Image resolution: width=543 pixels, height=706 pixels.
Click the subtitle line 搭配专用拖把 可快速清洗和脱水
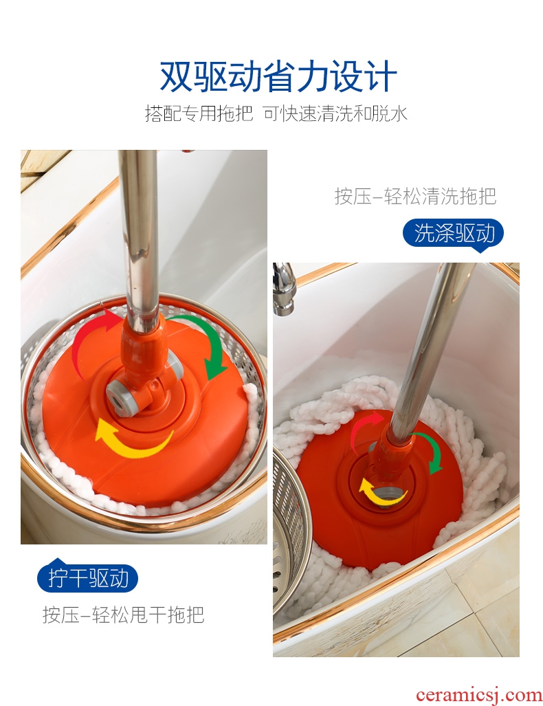(x=276, y=113)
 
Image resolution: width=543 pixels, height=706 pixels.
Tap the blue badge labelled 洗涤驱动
(x=453, y=233)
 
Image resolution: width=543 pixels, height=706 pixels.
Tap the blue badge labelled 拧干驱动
(x=87, y=578)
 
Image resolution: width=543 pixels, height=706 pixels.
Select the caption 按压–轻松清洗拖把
(x=415, y=196)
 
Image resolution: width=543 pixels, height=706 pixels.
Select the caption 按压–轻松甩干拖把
(x=123, y=614)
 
